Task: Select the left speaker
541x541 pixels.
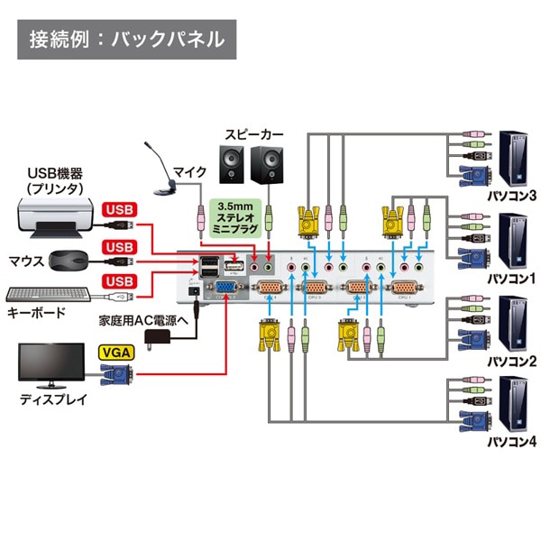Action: click(232, 163)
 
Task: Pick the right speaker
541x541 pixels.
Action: click(268, 163)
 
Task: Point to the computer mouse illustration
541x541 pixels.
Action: click(69, 261)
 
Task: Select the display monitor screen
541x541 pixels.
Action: click(53, 362)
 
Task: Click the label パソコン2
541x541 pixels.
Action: click(511, 361)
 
